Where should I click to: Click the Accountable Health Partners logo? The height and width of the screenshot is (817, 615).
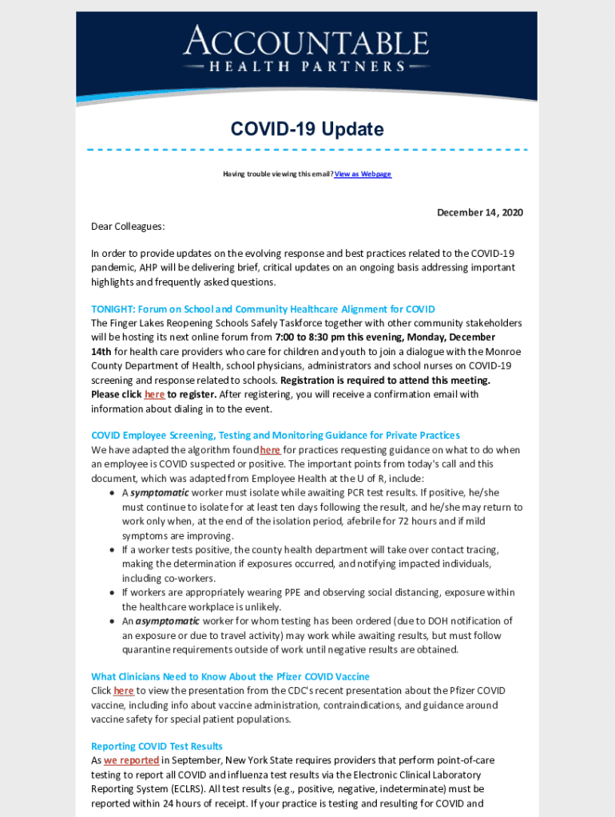tap(307, 49)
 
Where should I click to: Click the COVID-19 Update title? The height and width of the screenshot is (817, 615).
tap(307, 129)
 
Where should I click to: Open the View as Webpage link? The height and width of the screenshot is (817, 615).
tap(363, 174)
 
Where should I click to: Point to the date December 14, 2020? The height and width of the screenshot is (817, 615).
tap(479, 212)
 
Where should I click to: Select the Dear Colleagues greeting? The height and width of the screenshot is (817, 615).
tap(128, 227)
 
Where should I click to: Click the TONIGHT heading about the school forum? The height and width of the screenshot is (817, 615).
tap(263, 309)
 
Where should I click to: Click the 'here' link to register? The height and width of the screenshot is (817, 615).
tap(154, 394)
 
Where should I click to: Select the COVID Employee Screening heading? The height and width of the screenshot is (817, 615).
tap(276, 435)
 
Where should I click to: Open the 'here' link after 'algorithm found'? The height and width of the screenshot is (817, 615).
tap(270, 450)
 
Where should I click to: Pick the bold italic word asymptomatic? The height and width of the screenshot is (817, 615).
tap(168, 621)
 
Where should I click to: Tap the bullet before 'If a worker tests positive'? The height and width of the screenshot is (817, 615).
tap(111, 551)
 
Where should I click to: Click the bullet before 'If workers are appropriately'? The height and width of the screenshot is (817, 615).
tap(111, 593)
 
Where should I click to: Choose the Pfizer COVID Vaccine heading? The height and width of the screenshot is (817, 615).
tap(230, 677)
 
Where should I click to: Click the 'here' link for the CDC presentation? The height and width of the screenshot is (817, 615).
tap(124, 691)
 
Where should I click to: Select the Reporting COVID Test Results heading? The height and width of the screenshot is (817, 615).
tap(157, 747)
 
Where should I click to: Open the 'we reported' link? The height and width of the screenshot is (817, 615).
tap(131, 761)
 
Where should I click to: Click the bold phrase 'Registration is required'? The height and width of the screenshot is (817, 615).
tap(385, 381)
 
